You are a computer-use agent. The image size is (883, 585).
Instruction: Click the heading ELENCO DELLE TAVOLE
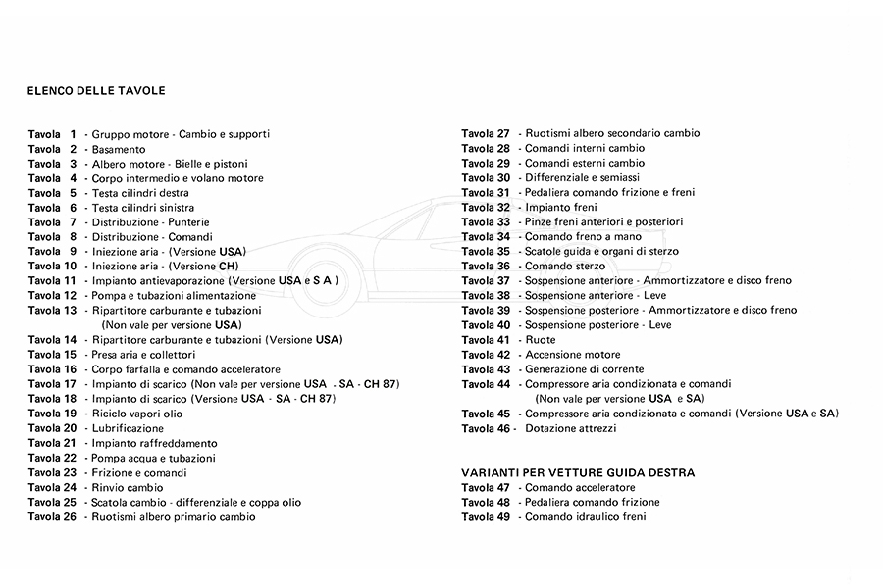[96, 91]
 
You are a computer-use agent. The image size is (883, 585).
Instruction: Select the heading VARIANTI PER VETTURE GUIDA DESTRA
[578, 472]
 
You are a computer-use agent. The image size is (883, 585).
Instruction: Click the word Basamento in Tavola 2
[119, 149]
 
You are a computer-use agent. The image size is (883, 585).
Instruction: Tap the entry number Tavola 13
[52, 311]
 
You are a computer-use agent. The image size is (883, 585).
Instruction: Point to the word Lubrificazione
[128, 428]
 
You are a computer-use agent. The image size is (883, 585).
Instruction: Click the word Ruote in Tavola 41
[541, 340]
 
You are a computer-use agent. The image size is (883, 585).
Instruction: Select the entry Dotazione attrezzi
[571, 428]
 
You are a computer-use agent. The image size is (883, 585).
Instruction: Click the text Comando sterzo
[566, 267]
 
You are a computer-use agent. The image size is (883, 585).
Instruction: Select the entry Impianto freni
[560, 208]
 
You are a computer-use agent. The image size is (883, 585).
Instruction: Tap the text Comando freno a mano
[583, 237]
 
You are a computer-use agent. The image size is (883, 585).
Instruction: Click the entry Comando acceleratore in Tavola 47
[580, 487]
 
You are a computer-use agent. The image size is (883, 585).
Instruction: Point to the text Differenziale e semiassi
[582, 178]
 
